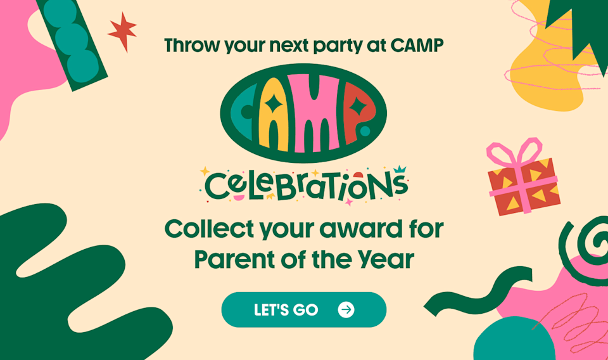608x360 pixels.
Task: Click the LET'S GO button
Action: coord(303,309)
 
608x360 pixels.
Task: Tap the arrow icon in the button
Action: coord(346,309)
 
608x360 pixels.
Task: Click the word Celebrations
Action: coord(305,185)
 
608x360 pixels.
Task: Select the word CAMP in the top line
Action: coord(421,45)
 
